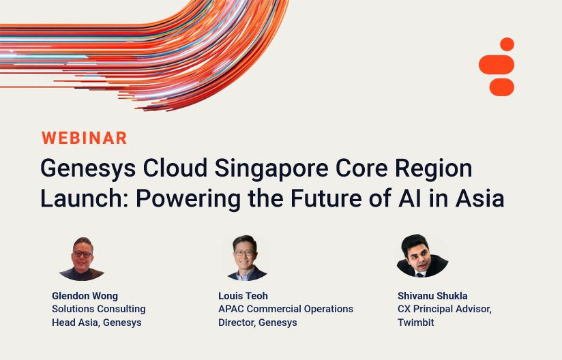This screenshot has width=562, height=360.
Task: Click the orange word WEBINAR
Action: point(85,138)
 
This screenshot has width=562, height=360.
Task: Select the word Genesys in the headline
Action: point(79,168)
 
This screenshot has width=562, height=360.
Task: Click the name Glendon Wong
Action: point(85,296)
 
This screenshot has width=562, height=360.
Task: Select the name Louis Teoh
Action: point(243,296)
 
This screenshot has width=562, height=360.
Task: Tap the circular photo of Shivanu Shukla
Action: point(421,256)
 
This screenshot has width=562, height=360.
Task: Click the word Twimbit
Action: point(416,322)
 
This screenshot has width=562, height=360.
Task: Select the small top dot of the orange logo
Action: point(507,44)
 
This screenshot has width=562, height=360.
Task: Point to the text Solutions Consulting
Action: point(99,309)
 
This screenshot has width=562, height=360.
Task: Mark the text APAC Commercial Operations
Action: point(286,309)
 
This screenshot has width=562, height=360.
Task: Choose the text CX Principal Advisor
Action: point(445,309)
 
